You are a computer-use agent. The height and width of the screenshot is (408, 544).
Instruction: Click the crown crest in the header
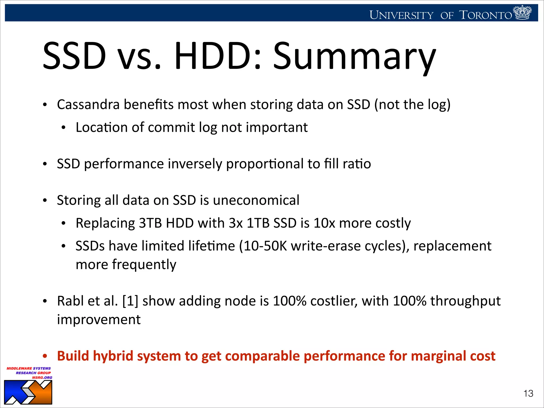tap(522, 12)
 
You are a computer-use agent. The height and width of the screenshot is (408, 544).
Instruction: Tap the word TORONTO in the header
tap(485, 15)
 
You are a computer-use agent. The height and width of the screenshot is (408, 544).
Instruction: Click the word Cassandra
tap(88, 104)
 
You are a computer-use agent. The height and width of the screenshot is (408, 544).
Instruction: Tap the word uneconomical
tap(256, 200)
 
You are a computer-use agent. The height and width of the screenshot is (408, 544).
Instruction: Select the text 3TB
tap(150, 223)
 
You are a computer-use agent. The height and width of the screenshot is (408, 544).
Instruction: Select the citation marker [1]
tap(130, 301)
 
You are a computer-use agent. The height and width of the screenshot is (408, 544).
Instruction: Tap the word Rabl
tap(70, 301)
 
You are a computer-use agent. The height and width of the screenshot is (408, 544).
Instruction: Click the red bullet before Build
tap(45, 356)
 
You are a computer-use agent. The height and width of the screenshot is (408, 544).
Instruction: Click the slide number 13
tap(528, 393)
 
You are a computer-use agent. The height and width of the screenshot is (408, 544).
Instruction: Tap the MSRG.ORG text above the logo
tap(42, 377)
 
